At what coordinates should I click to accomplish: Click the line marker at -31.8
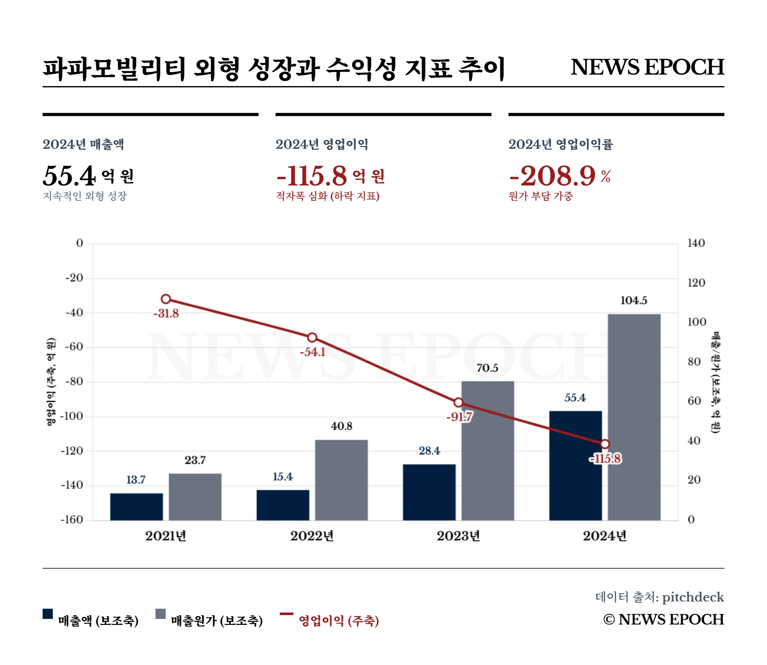[166, 299]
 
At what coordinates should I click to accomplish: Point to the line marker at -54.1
[312, 338]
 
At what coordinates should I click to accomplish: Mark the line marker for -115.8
[605, 444]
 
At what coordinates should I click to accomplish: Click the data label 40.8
[341, 426]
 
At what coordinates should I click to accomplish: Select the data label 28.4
[429, 451]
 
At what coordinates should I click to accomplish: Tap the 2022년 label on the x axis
[312, 536]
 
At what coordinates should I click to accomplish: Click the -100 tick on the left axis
[72, 416]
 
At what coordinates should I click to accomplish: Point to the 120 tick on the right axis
[696, 283]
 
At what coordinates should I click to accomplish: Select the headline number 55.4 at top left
[69, 176]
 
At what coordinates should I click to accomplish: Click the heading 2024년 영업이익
[322, 145]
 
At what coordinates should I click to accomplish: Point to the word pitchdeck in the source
[693, 597]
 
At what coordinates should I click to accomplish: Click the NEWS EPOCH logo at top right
[647, 67]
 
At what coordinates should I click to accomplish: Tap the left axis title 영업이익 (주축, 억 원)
[51, 382]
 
